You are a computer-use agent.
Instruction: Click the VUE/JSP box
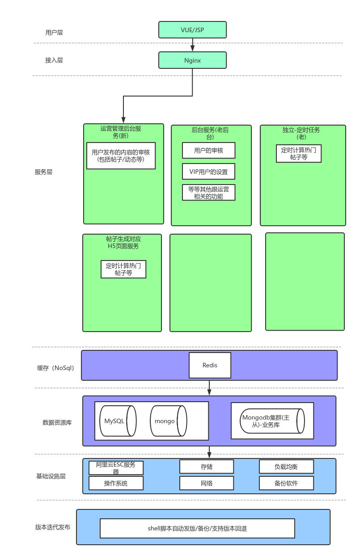click(192, 29)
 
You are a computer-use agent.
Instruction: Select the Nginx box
click(192, 60)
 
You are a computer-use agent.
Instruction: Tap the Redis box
click(210, 366)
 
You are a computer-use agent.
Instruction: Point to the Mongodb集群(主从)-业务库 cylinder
click(272, 421)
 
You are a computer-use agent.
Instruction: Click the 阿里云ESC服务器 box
click(116, 468)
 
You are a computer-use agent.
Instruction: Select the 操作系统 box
click(116, 483)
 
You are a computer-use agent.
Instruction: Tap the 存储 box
click(206, 467)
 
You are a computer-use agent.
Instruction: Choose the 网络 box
click(206, 483)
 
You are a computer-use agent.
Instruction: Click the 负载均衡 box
click(286, 467)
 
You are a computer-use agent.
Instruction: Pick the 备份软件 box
click(286, 483)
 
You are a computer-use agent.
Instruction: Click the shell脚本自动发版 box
click(197, 529)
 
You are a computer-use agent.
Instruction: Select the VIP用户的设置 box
click(208, 172)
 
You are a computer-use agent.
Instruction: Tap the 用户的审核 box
click(208, 151)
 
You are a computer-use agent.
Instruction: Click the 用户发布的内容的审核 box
click(121, 156)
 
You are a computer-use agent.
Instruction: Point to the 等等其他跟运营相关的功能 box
click(208, 192)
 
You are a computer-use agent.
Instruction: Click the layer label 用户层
click(54, 33)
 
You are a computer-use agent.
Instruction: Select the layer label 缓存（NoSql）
click(55, 368)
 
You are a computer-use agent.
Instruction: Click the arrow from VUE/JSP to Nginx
click(193, 45)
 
